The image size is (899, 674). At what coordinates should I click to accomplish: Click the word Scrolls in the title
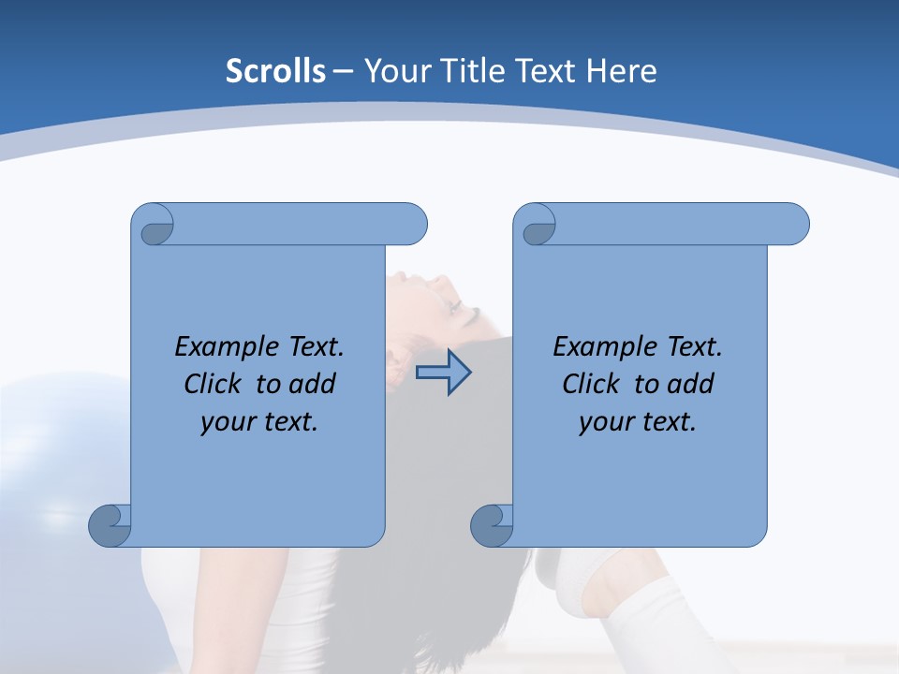pos(275,70)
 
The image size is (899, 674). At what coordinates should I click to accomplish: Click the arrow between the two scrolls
pos(443,372)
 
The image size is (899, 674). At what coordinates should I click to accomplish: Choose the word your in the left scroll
pos(228,422)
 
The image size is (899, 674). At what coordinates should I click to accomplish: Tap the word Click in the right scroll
pos(591,384)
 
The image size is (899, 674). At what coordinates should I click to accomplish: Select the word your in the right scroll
pos(606,422)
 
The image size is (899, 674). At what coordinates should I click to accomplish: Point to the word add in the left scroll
pos(312,384)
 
